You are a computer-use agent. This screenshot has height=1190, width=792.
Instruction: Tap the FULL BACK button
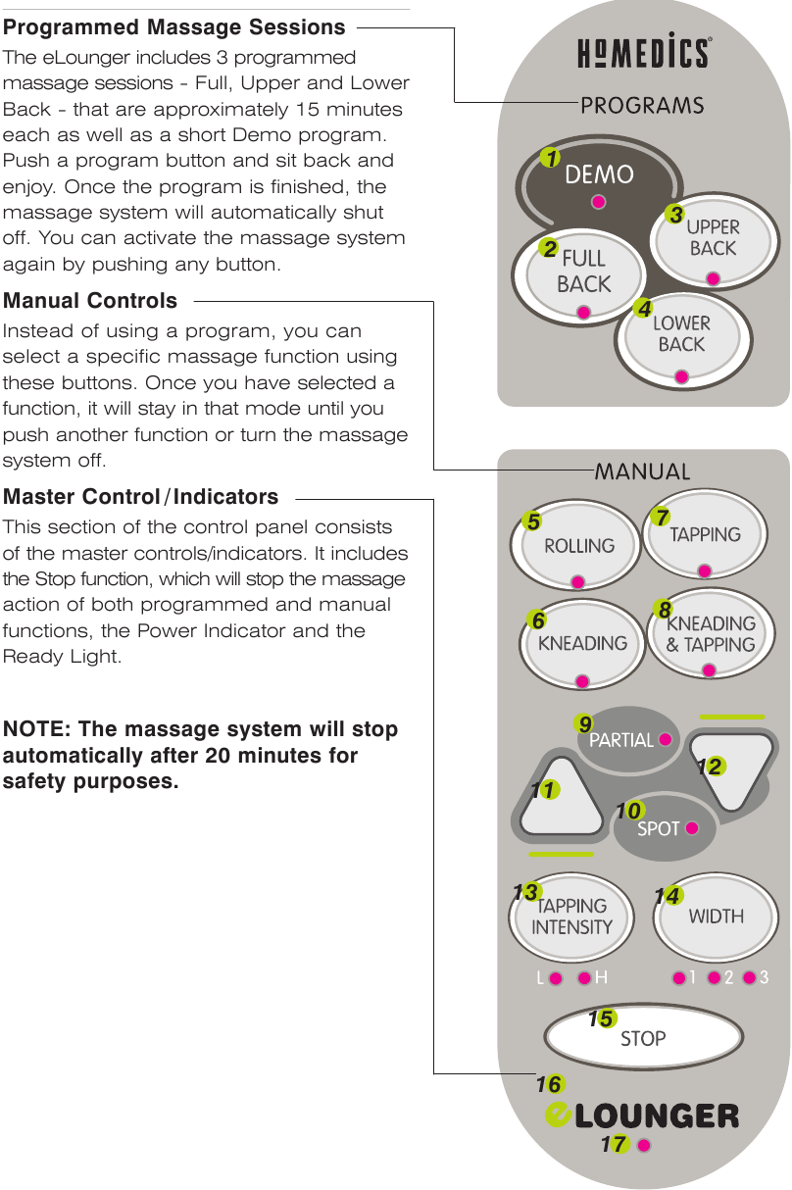[x=579, y=276]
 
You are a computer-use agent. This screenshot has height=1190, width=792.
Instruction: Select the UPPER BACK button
[x=714, y=242]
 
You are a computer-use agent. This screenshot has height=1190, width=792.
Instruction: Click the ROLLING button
[x=575, y=544]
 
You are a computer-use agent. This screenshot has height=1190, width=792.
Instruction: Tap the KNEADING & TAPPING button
[x=711, y=632]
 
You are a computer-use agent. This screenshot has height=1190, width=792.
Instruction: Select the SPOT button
[x=664, y=827]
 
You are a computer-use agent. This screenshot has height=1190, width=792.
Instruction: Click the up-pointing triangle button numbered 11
[x=561, y=801]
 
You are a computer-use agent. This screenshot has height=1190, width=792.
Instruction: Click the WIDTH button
[x=716, y=917]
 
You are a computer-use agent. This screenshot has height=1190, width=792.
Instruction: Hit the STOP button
[x=643, y=1037]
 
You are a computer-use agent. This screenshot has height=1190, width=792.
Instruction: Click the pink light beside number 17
[x=644, y=1145]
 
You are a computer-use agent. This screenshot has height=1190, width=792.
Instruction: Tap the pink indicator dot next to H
[x=584, y=978]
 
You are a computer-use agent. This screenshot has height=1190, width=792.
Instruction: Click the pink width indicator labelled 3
[x=750, y=977]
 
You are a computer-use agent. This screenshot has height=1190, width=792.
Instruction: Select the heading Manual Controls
[x=90, y=301]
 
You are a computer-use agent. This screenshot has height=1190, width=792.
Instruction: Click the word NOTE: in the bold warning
[x=36, y=729]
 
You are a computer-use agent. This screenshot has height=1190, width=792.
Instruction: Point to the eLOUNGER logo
[x=642, y=1115]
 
